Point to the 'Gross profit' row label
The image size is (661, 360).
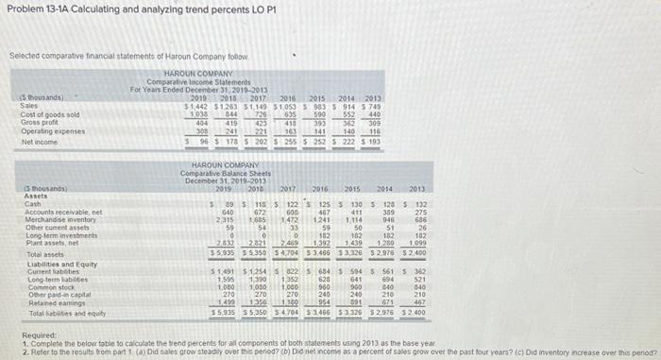pos(25,121)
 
